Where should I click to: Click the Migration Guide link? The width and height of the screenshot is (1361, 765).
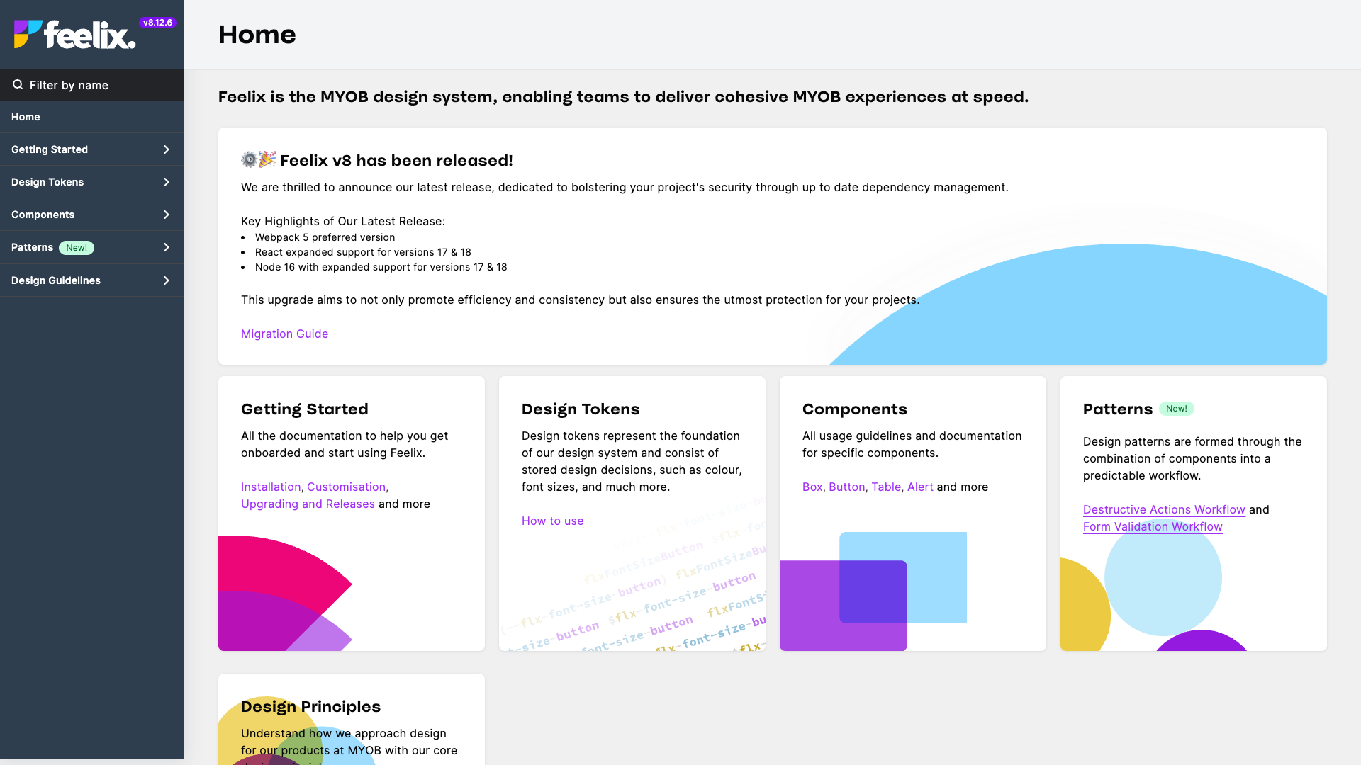pos(284,334)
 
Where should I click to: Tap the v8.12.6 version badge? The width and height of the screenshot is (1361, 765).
pos(157,23)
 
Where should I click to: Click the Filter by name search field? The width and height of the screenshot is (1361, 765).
pos(92,85)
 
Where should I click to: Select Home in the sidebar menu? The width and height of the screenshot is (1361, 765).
pos(26,117)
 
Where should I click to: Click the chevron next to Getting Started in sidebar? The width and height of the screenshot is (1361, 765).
pos(167,149)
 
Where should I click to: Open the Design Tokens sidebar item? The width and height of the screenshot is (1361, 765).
pos(47,182)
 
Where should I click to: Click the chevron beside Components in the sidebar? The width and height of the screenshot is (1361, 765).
pos(167,215)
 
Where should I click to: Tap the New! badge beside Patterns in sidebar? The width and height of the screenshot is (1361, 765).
pos(77,248)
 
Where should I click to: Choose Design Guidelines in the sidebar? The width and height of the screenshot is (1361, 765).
pos(56,280)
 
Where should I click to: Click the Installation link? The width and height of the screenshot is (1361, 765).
pos(271,487)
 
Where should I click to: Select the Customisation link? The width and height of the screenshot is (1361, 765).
pos(346,487)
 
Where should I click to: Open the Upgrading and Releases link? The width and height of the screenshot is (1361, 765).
pos(308,504)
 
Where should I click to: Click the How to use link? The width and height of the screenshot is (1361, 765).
pos(552,521)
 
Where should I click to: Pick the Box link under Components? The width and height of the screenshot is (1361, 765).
pos(812,487)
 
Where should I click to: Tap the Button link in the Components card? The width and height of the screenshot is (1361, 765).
pos(846,487)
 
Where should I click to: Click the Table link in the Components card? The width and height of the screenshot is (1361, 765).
pos(886,487)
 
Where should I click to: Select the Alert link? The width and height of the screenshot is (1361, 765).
pos(920,487)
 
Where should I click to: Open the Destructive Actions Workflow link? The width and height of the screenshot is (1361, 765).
pos(1164,509)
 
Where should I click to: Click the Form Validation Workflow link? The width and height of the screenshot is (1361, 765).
pos(1153,526)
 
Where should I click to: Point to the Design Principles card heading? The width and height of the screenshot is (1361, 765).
pos(310,706)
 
